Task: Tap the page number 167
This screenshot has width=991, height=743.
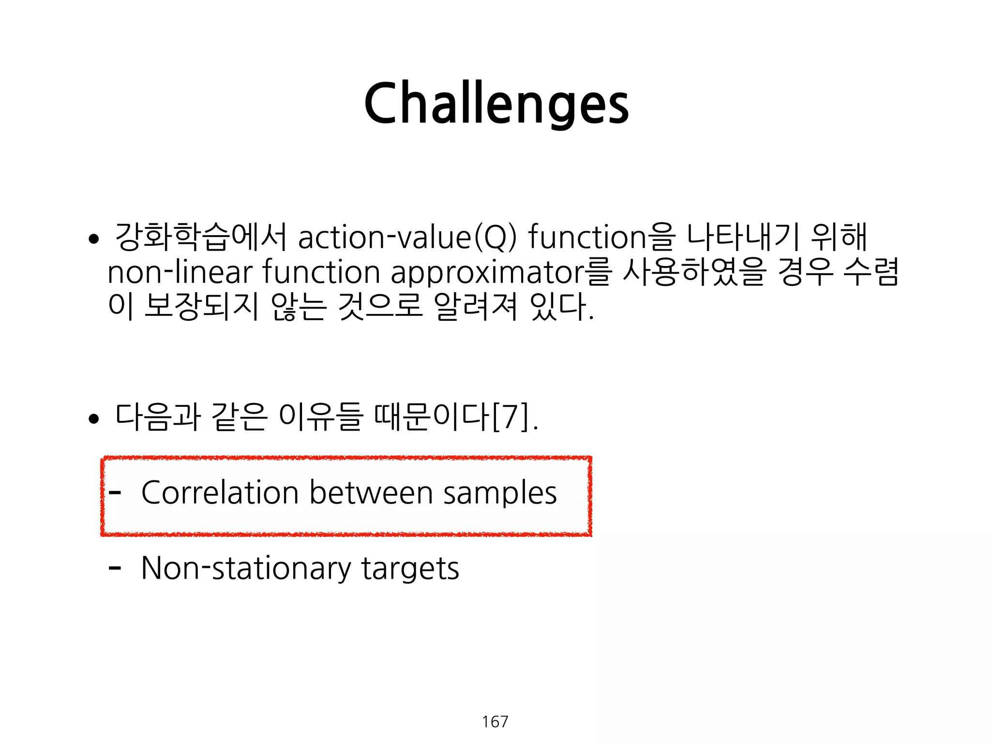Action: coord(495,722)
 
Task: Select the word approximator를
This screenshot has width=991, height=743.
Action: coord(501,272)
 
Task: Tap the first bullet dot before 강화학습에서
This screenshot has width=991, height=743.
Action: coord(94,238)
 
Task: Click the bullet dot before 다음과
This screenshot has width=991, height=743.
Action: coord(94,419)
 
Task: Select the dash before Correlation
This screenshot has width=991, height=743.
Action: coord(115,493)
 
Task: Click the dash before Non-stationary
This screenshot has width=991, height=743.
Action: coord(115,568)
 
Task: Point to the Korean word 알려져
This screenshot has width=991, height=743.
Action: coord(476,306)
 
